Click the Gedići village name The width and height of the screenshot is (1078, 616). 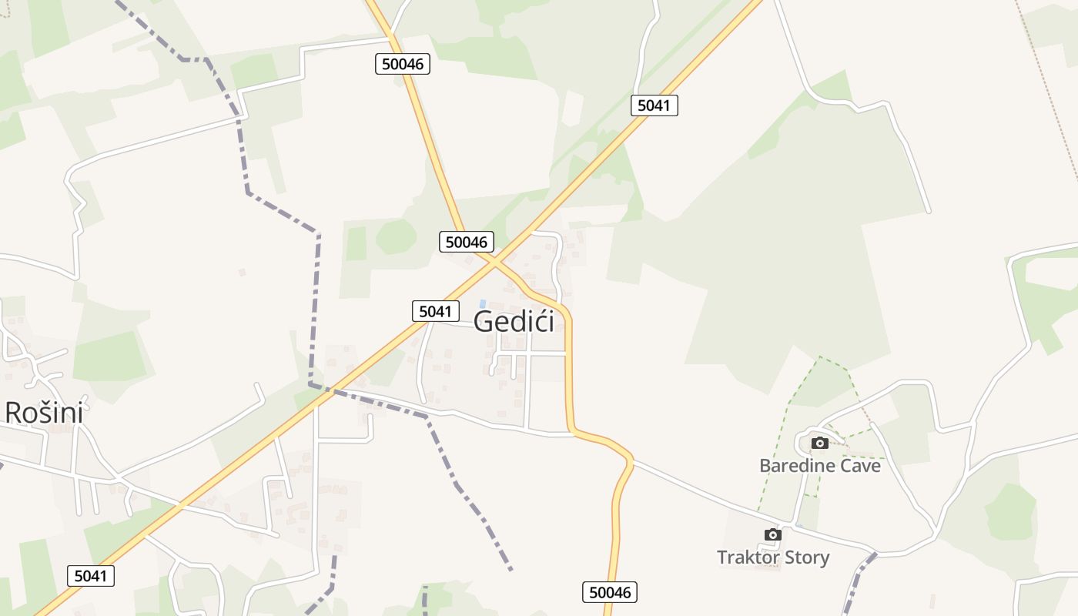coord(514,321)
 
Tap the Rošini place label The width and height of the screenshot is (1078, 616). coord(44,413)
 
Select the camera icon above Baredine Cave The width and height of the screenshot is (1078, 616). coord(819,443)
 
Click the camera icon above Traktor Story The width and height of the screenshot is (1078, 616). coord(772,534)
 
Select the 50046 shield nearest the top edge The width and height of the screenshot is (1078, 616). coord(403,64)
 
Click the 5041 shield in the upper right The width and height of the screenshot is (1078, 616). coord(654,105)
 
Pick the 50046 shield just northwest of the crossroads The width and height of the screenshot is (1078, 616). coord(467,242)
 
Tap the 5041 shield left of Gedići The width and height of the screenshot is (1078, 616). coord(435,311)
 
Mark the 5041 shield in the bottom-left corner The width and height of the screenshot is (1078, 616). coord(91,575)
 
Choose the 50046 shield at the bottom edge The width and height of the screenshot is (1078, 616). coord(609,591)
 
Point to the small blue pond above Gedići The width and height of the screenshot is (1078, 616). coord(483,303)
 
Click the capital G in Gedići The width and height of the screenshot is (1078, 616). coord(484,321)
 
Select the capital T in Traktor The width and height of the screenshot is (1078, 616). coord(722,557)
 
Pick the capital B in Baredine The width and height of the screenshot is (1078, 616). coord(765,465)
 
